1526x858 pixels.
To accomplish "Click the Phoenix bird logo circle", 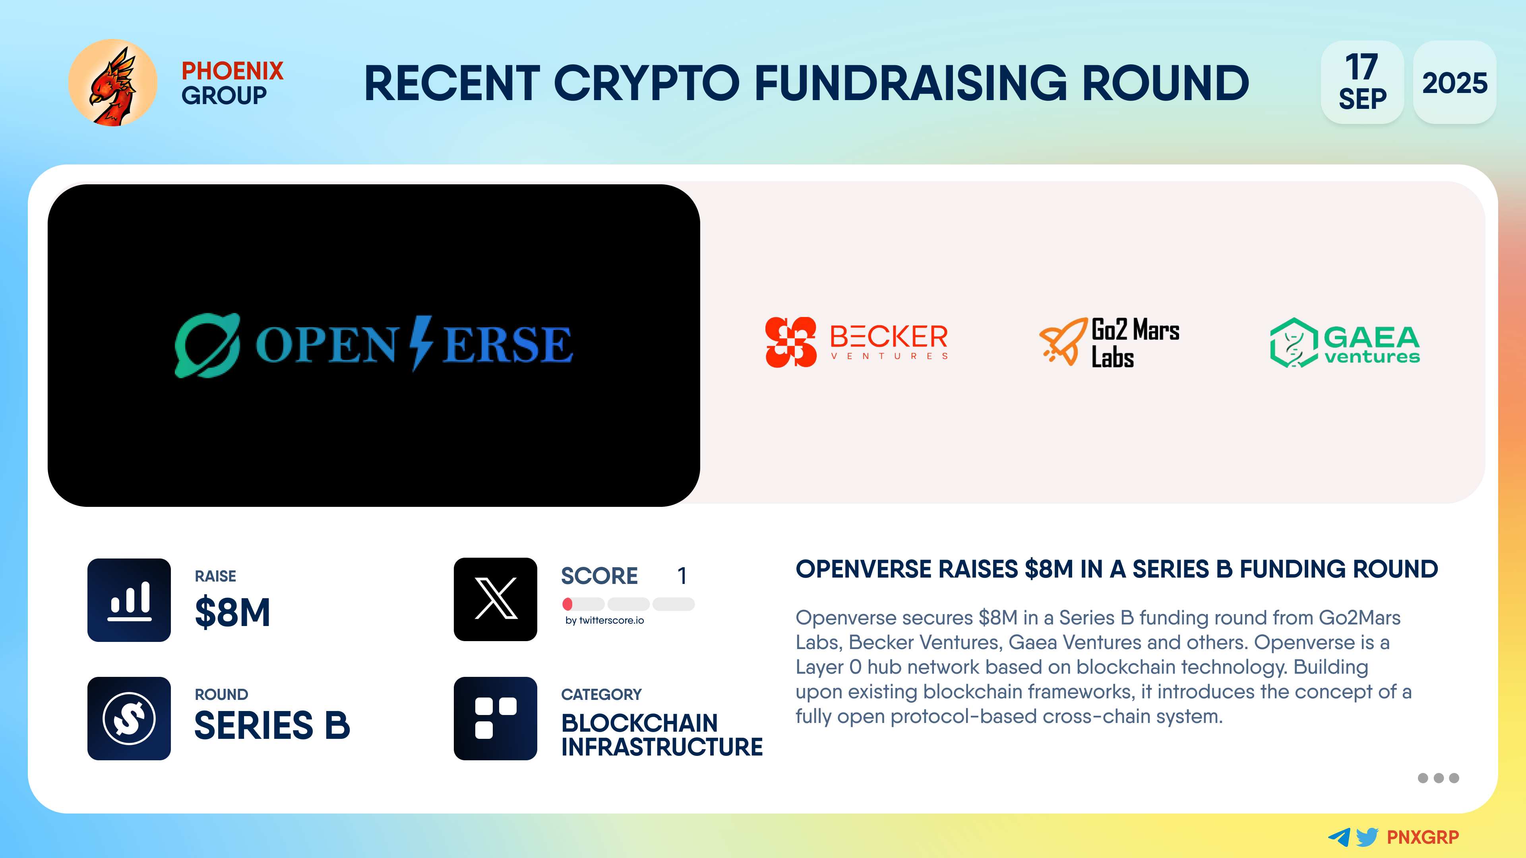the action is point(112,83).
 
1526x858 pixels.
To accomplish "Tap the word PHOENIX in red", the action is point(232,71).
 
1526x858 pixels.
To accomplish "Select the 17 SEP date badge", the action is point(1362,82).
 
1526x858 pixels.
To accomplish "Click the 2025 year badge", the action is point(1454,82).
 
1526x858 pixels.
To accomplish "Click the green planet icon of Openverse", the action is point(207,345).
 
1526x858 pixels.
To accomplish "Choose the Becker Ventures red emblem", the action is point(791,342).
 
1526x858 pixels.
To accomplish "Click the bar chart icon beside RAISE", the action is point(129,600).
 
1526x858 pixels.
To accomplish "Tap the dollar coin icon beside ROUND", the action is point(129,718).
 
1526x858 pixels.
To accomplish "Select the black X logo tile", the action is point(495,599).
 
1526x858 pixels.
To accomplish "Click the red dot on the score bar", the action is point(567,604).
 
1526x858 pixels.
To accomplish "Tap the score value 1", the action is point(682,576).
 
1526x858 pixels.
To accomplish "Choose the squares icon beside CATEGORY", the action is point(495,718).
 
